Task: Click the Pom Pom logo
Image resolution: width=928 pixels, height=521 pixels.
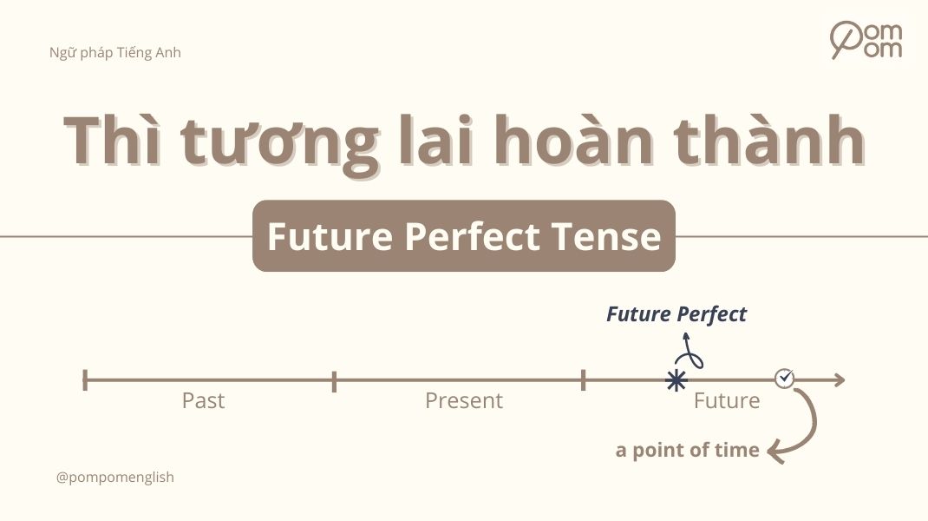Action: (x=866, y=39)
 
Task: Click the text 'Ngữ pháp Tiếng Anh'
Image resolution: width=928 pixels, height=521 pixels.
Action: (x=115, y=52)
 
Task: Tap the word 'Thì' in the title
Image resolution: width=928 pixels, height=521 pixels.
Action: (x=114, y=140)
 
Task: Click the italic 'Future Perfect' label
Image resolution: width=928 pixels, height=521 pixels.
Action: (x=676, y=314)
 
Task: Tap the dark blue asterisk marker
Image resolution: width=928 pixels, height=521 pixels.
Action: (x=676, y=380)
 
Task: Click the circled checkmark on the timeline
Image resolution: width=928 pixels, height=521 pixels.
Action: (x=784, y=378)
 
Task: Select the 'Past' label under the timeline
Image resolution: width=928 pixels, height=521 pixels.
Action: (x=203, y=400)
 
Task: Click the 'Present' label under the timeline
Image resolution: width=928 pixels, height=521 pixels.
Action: (x=463, y=400)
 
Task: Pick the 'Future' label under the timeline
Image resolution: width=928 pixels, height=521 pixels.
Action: (x=727, y=400)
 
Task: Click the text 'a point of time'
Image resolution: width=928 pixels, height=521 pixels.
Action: (x=688, y=450)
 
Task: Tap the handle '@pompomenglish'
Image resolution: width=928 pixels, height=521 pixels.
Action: (x=115, y=478)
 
